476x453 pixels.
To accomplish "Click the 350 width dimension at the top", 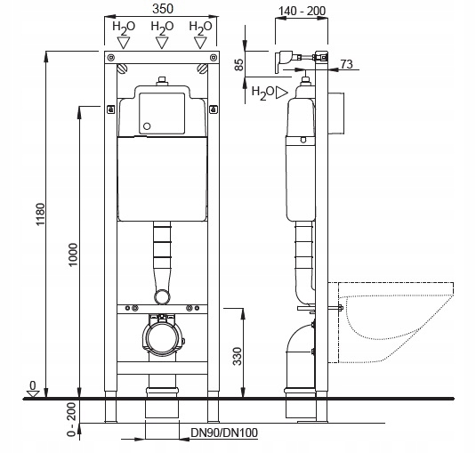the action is point(163,8).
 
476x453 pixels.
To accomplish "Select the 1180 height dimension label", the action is point(40,214).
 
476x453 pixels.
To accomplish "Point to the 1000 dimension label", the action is point(73,255).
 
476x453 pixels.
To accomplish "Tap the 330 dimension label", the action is point(237,356).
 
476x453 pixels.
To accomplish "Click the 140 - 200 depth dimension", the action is point(302,11).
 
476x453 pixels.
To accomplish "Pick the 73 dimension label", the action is point(346,64).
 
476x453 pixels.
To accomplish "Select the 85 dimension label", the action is point(239,64).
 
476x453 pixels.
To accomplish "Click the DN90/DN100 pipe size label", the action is point(224,433).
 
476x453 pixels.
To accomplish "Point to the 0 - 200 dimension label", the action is point(72,419).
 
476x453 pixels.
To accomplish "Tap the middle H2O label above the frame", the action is point(162,27).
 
